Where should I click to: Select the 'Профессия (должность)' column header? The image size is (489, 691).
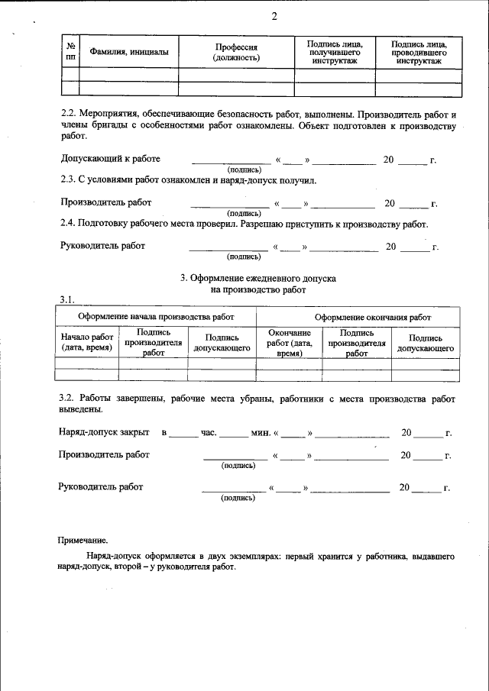[236, 52]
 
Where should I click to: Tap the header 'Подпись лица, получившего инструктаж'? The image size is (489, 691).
[334, 52]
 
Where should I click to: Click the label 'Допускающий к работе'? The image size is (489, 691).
[110, 159]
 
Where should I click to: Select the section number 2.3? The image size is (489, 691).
[69, 180]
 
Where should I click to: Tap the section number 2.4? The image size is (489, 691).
[69, 224]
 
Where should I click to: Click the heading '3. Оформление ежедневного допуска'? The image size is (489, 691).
[257, 279]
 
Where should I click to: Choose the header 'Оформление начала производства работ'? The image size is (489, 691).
[156, 316]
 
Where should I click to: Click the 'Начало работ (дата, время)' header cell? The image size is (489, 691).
[88, 343]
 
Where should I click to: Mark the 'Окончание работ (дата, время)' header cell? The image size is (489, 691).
[288, 343]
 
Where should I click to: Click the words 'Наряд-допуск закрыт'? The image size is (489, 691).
[104, 432]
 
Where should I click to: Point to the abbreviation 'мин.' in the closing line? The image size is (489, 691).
[260, 433]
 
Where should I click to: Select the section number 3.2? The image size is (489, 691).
[69, 399]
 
